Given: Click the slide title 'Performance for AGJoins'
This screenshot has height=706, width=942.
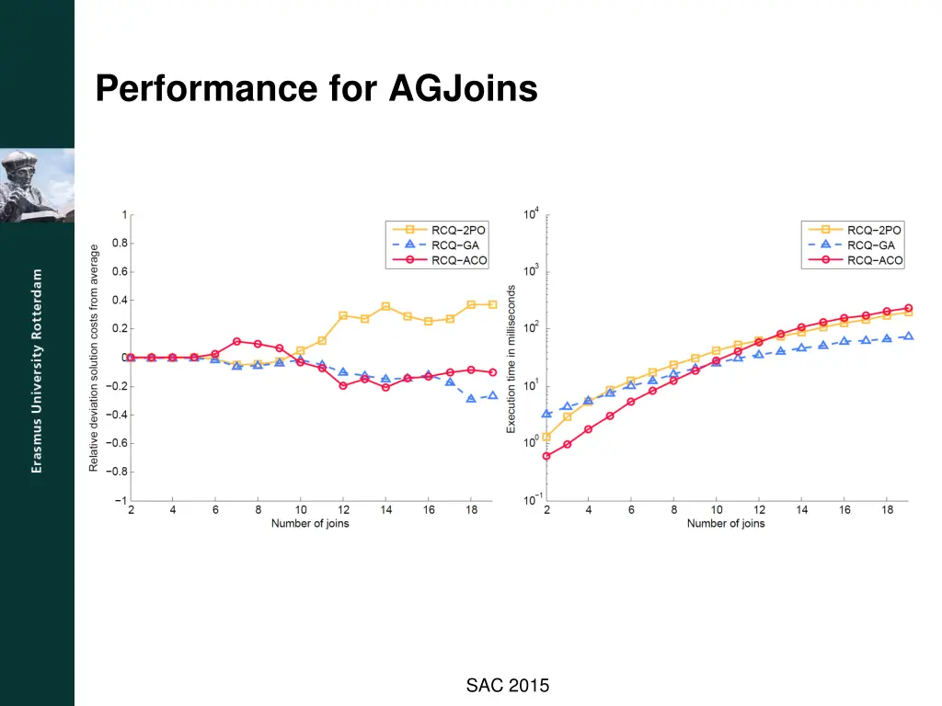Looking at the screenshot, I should coord(316,89).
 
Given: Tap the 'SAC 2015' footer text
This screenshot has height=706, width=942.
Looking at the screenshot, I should coord(507,685).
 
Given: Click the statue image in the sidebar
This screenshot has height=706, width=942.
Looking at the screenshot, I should coord(37,185).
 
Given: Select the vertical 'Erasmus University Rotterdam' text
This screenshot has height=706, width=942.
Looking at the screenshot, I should coord(37,371).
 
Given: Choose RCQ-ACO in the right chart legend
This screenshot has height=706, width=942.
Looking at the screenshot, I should coord(875,261).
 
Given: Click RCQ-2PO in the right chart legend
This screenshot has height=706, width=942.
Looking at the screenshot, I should coord(874,230).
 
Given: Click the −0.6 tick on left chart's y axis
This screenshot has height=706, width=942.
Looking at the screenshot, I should coord(119,443).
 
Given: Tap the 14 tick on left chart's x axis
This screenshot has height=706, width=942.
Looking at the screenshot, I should coord(385,509).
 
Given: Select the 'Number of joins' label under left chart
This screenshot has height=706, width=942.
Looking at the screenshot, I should coord(310,524).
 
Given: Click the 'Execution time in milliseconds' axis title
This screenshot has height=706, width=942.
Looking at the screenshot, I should coord(511,359).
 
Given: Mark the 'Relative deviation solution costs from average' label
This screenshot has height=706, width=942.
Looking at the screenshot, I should coord(94,359).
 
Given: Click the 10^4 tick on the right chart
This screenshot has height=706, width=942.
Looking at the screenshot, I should coord(532,214).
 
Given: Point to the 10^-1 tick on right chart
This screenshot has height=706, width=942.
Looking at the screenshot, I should coord(531,499).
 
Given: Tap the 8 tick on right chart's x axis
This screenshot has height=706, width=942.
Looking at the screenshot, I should coord(673,509).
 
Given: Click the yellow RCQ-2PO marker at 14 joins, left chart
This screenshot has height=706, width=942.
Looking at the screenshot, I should coord(385,306).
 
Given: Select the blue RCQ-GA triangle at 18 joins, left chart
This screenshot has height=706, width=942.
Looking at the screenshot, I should coord(470,398).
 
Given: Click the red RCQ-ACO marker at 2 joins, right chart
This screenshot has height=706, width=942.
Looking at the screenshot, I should coord(546,456).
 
